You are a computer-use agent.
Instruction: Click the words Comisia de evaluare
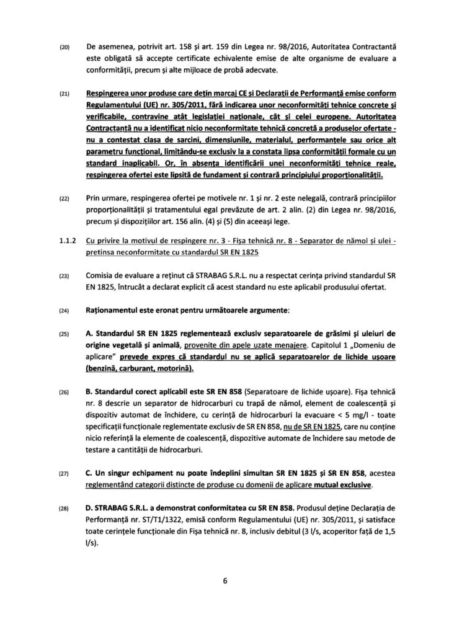point(123,275)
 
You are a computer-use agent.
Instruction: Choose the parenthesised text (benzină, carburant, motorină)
point(140,369)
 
